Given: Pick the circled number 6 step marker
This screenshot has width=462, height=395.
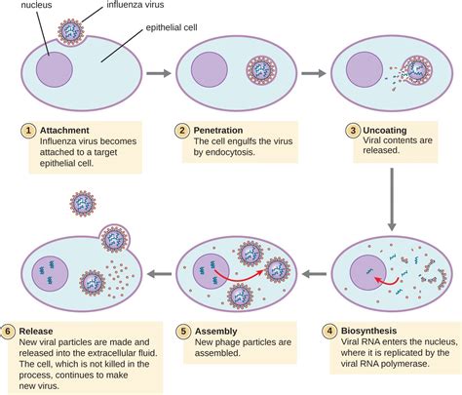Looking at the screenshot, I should click(x=11, y=331).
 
